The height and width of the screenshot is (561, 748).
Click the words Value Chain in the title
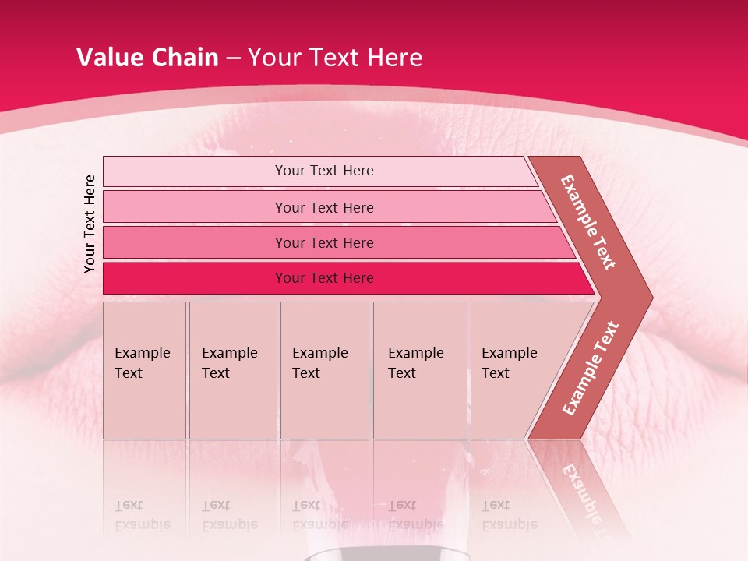pyautogui.click(x=147, y=58)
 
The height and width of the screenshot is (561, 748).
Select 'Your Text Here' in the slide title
pyautogui.click(x=335, y=58)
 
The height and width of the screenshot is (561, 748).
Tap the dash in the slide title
pyautogui.click(x=233, y=58)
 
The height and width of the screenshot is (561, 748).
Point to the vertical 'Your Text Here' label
pyautogui.click(x=90, y=224)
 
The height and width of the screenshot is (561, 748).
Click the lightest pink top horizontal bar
pyautogui.click(x=324, y=171)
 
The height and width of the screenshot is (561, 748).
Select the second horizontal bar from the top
pyautogui.click(x=324, y=207)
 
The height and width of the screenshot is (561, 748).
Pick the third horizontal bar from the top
pyautogui.click(x=324, y=242)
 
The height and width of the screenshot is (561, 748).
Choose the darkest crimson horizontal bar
pyautogui.click(x=324, y=278)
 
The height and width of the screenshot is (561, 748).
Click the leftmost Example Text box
pyautogui.click(x=144, y=370)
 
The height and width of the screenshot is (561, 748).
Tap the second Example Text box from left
pyautogui.click(x=232, y=370)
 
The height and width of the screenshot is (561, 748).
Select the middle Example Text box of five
pyautogui.click(x=324, y=370)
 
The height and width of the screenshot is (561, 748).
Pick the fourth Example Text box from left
pyautogui.click(x=419, y=370)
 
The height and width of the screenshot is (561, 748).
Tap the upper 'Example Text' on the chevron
pyautogui.click(x=588, y=223)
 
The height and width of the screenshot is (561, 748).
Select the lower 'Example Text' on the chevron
pyautogui.click(x=591, y=368)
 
